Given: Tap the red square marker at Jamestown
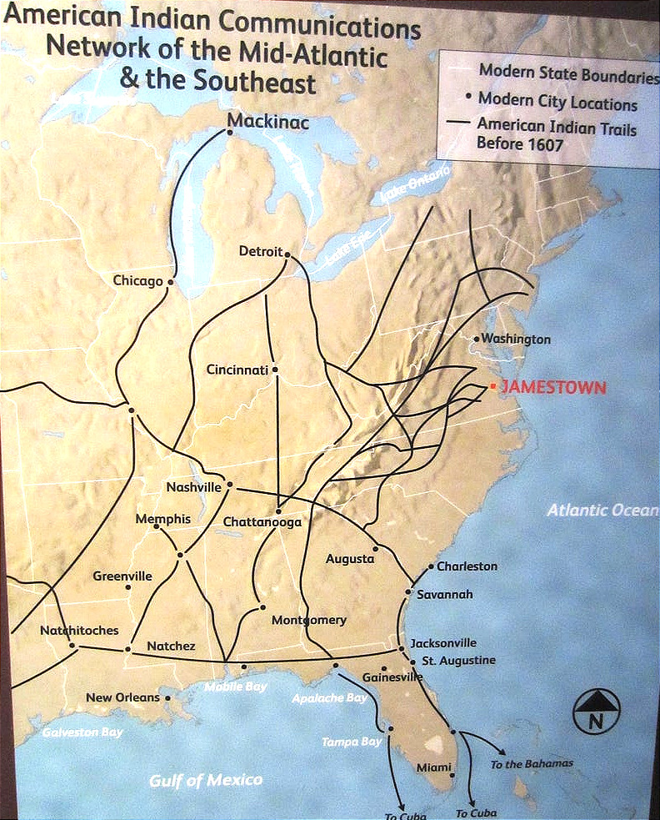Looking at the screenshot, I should [493, 386].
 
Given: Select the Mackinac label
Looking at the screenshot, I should [268, 123].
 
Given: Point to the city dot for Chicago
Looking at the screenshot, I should [170, 282].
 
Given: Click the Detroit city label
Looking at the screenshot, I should [261, 251].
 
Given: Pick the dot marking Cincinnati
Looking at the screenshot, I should [275, 369].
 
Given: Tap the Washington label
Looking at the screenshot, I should [516, 340].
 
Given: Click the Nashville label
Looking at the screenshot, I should [194, 487].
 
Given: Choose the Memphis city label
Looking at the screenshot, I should [162, 519].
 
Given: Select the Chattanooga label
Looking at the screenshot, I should [262, 522].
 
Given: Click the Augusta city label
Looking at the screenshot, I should [350, 559].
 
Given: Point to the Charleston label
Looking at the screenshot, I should [467, 566].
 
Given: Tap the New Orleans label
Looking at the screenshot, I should [122, 697].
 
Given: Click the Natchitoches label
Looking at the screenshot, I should [79, 631].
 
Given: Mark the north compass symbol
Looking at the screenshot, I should [597, 712].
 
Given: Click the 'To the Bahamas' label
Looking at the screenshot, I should [532, 763].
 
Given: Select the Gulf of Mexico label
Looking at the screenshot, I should [206, 780].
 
